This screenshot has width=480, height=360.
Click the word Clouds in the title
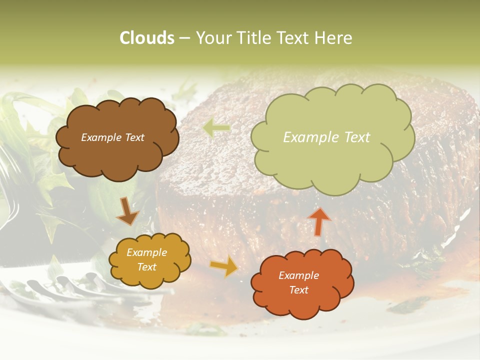coord(146,38)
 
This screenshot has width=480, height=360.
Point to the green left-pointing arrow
coord(216,127)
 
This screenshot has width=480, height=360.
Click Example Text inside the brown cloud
coord(112,137)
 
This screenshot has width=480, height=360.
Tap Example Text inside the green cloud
coord(326,137)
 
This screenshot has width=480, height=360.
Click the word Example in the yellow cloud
coord(146,252)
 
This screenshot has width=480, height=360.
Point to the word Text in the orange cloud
coord(299,290)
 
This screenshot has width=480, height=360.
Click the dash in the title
coord(184,38)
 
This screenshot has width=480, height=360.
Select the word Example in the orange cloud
coord(298,275)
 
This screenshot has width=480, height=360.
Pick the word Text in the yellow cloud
coord(146,267)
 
